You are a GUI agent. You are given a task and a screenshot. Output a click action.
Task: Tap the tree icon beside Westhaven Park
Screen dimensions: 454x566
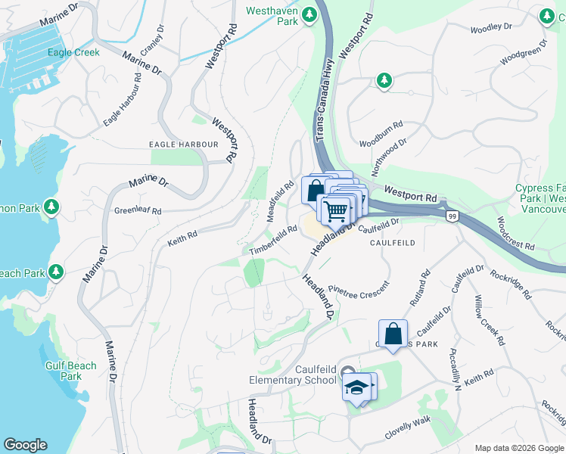[309, 14]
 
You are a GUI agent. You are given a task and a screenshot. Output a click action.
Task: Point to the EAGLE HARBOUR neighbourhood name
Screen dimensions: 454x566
[185, 145]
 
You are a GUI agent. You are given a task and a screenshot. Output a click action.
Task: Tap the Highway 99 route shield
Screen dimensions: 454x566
[450, 216]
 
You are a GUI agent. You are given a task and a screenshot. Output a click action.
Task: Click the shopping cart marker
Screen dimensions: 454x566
[335, 210]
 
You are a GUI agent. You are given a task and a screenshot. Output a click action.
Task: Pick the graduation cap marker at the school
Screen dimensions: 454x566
[356, 388]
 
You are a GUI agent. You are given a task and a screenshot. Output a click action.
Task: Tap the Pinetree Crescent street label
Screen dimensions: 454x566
[358, 289]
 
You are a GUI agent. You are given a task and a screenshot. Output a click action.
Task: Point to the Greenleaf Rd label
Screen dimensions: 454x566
[138, 211]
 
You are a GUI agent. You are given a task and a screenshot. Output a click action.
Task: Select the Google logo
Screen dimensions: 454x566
[25, 445]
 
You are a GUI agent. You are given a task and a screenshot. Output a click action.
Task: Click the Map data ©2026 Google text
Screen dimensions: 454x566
[518, 448]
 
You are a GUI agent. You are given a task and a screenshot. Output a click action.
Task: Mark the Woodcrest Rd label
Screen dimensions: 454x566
[515, 235]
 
